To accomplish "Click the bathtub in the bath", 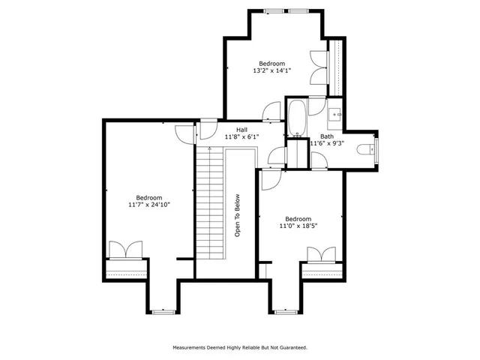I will point(296,117).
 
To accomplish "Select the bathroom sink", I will point(335,115).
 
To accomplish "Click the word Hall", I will point(242,130).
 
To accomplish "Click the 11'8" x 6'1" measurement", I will point(241,137).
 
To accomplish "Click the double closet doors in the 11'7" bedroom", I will point(125,250).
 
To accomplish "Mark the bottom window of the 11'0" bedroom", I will point(285,310).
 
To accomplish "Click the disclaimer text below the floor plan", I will point(240,348).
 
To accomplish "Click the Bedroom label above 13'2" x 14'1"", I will point(271,63).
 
